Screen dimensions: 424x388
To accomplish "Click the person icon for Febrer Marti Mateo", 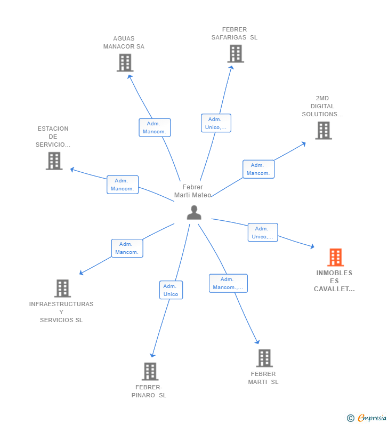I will [194, 212].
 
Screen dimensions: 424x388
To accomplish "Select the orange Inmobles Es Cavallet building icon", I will [335, 257].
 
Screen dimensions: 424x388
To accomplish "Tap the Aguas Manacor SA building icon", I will [125, 62].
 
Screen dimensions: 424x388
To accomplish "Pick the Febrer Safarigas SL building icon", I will [235, 53].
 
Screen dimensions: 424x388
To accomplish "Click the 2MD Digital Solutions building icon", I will [323, 130].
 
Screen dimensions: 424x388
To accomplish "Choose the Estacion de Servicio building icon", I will [54, 161].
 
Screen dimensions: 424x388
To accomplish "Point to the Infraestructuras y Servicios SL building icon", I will [62, 289].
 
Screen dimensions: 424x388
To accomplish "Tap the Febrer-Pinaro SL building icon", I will [150, 371].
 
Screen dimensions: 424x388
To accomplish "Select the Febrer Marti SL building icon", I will [264, 358].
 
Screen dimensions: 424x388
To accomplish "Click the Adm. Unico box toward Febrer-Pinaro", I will [171, 290].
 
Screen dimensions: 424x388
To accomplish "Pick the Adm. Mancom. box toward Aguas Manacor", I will [155, 127].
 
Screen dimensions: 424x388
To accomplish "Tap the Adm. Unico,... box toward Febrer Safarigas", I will [216, 123].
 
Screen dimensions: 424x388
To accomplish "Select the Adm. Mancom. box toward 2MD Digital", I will [258, 169].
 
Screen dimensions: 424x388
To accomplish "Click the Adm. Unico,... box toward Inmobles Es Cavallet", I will [263, 233].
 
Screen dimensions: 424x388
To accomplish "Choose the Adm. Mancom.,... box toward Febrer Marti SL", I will [228, 283].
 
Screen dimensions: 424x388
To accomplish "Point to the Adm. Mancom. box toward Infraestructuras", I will [127, 248].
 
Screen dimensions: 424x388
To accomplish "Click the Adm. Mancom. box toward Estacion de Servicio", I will [123, 185].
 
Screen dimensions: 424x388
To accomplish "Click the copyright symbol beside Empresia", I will [350, 418].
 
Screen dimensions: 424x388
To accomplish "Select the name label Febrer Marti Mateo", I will [192, 191].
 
